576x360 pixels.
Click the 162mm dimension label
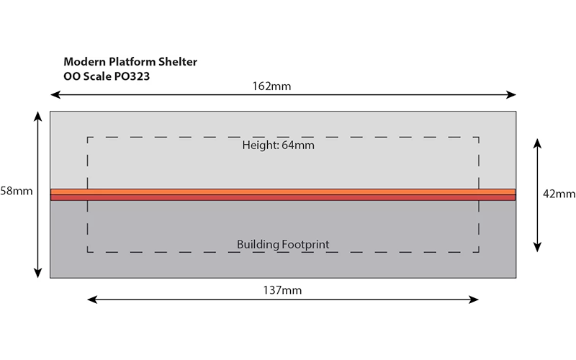[271, 86]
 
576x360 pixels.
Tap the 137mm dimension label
[282, 290]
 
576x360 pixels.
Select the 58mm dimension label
[16, 191]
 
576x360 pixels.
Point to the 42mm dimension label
[559, 194]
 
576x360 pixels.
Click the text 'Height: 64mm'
[278, 145]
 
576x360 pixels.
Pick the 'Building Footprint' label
[283, 244]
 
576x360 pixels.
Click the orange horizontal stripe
[283, 192]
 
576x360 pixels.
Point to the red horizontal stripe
[283, 197]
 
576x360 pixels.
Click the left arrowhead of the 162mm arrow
[55, 95]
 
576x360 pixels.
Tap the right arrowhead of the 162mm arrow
[511, 95]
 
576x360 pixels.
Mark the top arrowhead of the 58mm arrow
[37, 117]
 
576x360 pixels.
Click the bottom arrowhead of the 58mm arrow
[37, 273]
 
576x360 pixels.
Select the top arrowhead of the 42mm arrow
[537, 143]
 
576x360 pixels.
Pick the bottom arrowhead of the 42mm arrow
[537, 247]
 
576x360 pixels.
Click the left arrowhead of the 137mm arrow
[93, 300]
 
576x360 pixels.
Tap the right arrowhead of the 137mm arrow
[474, 300]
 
